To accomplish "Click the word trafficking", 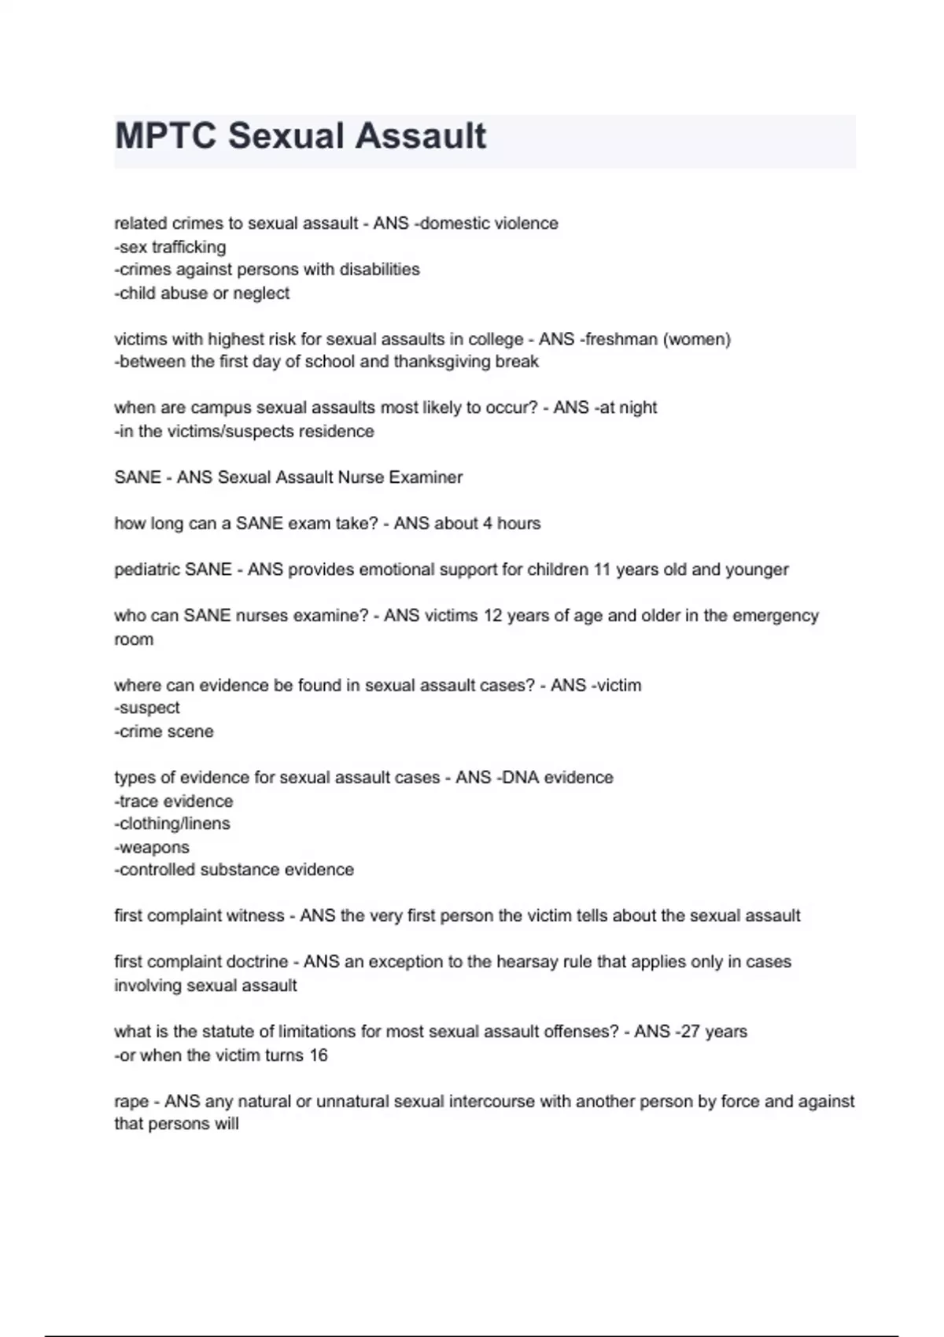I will pos(189,247).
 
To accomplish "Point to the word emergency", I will pos(776,616).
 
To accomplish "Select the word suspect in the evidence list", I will pos(149,708).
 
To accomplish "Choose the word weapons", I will pos(154,848).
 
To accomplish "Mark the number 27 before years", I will pos(690,1032).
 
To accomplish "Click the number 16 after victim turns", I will pos(319,1055).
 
